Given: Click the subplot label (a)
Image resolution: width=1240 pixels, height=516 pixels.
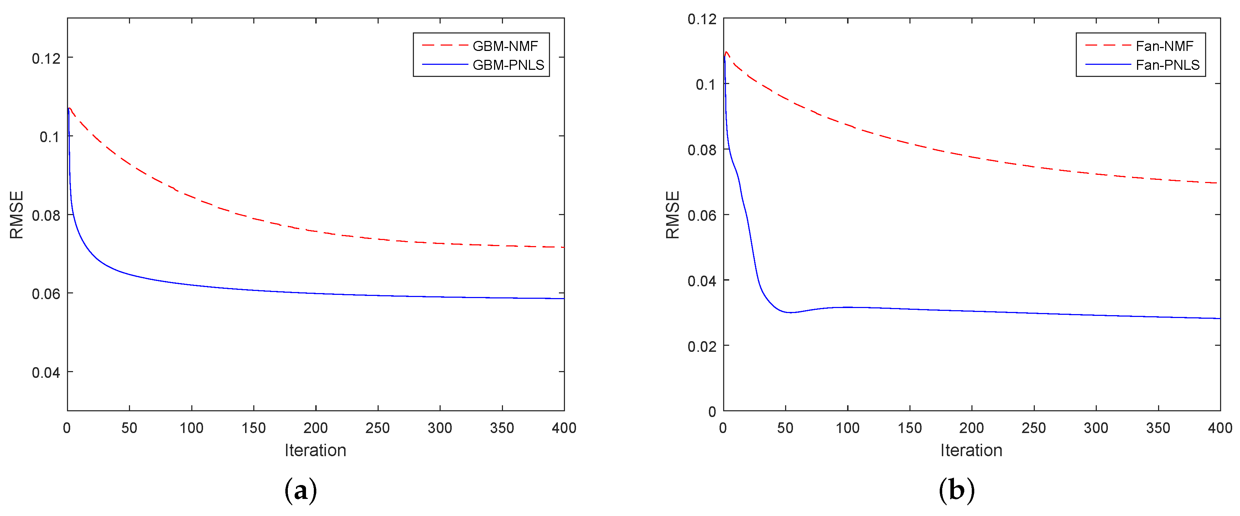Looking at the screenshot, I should pyautogui.click(x=301, y=490).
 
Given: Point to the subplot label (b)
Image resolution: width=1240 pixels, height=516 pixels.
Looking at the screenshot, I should pyautogui.click(x=956, y=490).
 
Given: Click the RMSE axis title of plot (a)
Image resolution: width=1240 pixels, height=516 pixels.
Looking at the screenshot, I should pyautogui.click(x=17, y=215).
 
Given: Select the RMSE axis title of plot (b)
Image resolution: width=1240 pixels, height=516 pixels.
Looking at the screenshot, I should pyautogui.click(x=673, y=215).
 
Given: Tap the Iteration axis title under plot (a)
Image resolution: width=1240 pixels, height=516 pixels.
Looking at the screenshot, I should pyautogui.click(x=315, y=450).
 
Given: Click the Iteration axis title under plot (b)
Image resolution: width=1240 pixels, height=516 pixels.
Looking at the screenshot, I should pyautogui.click(x=971, y=450).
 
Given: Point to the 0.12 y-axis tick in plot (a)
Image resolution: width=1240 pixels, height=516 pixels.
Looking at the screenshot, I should pyautogui.click(x=46, y=58).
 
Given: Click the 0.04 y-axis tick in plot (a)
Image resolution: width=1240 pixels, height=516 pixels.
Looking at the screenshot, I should pyautogui.click(x=46, y=372).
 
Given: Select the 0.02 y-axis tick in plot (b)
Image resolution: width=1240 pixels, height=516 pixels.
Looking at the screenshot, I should pyautogui.click(x=702, y=346).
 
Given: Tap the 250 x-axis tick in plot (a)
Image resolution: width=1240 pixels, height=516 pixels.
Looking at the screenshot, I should pyautogui.click(x=377, y=428).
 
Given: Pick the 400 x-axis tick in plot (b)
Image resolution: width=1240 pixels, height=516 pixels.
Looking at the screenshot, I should pyautogui.click(x=1220, y=428).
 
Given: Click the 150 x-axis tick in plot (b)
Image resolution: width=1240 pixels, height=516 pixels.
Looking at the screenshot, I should pyautogui.click(x=909, y=428).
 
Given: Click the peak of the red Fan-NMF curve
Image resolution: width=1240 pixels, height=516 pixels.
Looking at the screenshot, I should pyautogui.click(x=726, y=52).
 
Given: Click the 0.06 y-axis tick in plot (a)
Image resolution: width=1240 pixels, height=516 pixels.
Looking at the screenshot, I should pyautogui.click(x=46, y=294).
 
